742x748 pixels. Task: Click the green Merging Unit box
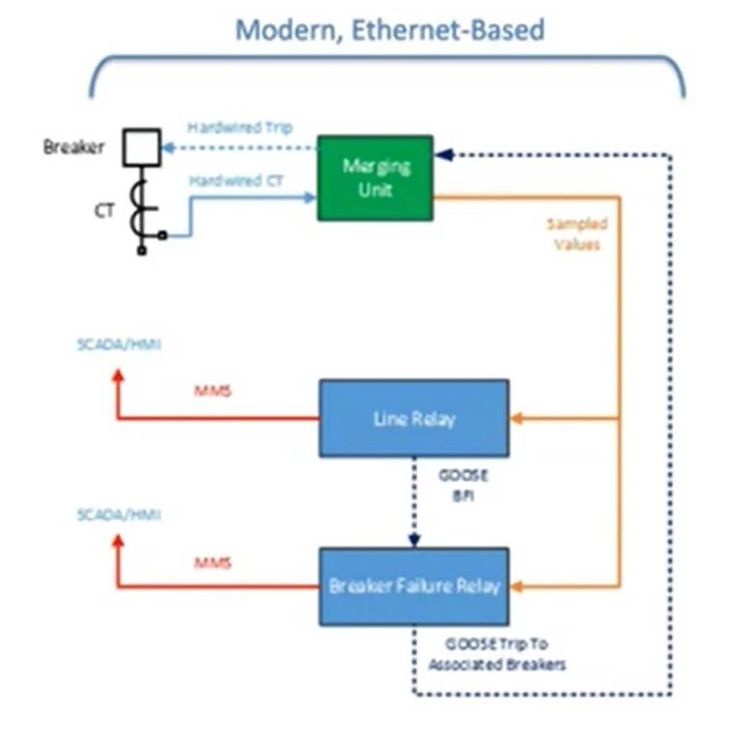pos(375,177)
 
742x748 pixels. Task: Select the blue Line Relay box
pos(414,418)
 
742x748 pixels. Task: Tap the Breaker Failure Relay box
pos(414,586)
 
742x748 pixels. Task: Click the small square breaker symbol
pos(141,149)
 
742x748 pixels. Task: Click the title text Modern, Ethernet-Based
pos(390,30)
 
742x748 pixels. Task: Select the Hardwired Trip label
pos(240,128)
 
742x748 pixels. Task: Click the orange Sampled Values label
pos(577,234)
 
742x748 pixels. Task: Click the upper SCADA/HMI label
pos(119,345)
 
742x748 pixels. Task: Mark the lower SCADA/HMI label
pos(119,515)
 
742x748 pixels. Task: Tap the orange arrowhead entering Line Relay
pos(516,418)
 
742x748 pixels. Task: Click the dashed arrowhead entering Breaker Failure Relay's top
pos(414,541)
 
